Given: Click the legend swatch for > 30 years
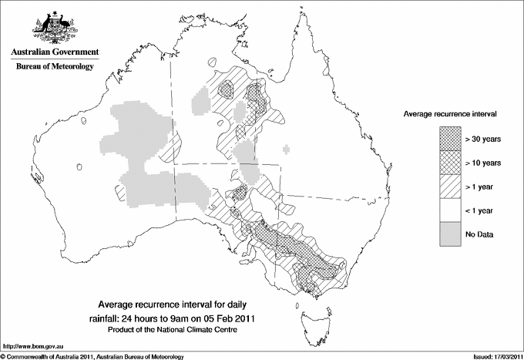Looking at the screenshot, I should pos(450,138).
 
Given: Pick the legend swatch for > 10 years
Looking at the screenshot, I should pos(450,162).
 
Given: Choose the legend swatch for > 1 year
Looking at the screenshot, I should pos(450,186).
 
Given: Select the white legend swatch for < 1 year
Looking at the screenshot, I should pos(450,210).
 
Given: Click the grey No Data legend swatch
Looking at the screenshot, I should pos(450,233).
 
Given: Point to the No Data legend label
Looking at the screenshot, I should pos(480,234).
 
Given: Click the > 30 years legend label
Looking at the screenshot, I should pos(483,139).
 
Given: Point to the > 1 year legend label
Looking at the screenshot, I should pos(481,187).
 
